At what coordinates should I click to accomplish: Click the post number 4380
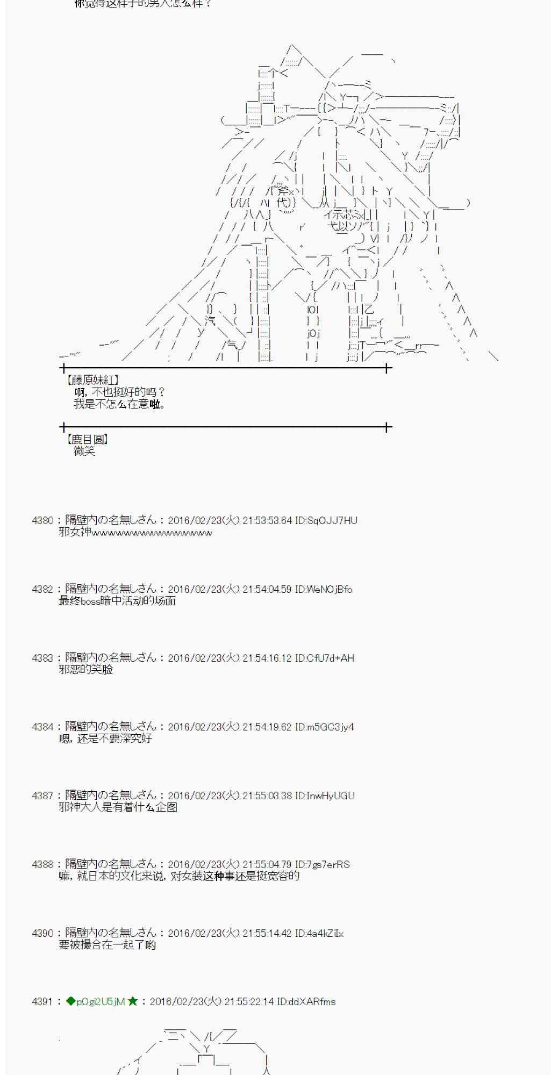(x=42, y=520)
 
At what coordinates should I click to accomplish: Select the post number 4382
(x=42, y=589)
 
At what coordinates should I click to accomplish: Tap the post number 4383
(x=42, y=658)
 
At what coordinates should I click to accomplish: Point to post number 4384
(x=42, y=727)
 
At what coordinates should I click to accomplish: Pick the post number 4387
(x=42, y=795)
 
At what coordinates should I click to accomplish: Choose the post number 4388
(x=42, y=864)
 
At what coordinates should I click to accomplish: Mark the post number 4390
(x=42, y=933)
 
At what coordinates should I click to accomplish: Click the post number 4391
(x=42, y=1001)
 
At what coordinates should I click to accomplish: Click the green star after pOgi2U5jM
(x=133, y=1001)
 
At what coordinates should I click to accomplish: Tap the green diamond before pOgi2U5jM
(x=70, y=1001)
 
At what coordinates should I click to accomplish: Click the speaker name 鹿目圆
(x=87, y=439)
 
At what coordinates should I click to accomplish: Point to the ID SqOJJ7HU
(x=326, y=520)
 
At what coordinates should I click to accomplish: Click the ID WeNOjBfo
(x=324, y=589)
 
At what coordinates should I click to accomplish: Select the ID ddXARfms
(x=306, y=1001)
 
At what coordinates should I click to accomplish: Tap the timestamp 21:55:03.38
(x=267, y=795)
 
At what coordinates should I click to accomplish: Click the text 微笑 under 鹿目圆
(x=84, y=451)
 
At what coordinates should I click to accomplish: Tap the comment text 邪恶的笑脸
(x=86, y=670)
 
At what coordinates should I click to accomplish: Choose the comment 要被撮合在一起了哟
(x=107, y=945)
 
